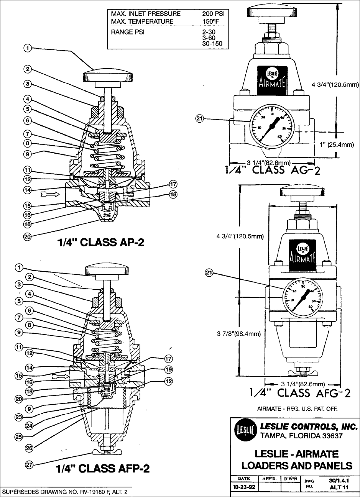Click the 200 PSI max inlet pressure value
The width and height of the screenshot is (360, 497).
[x=213, y=13]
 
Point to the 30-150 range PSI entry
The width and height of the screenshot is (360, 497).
[x=212, y=44]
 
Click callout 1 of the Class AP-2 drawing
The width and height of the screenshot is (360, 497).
[x=28, y=48]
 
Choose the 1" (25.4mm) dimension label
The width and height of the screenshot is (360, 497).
[x=334, y=144]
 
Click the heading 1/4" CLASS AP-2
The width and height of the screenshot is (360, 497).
[x=101, y=243]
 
